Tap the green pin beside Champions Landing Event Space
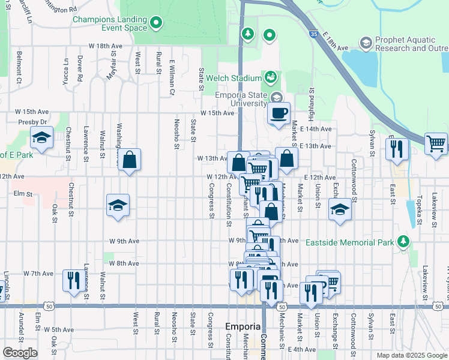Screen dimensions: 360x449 click(157, 24)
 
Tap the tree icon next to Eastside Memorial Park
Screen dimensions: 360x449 click(404, 242)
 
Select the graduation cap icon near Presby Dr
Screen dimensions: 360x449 click(42, 139)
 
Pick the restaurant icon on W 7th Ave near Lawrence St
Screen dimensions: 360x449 click(73, 280)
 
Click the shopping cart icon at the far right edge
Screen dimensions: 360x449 click(435, 144)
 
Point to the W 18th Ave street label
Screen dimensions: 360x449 click(105, 46)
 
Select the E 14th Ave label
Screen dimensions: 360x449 click(318, 129)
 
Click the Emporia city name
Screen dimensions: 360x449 click(243, 327)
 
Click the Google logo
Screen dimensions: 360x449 click(20, 353)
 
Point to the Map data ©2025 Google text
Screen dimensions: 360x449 click(411, 355)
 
